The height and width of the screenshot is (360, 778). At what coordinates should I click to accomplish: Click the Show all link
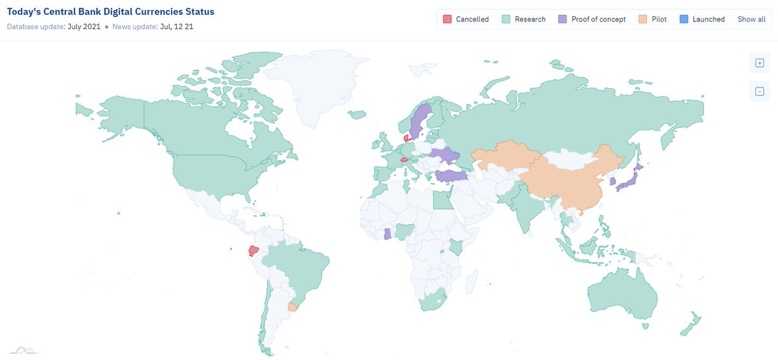751,19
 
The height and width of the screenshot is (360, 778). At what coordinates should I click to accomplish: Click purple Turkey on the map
451,176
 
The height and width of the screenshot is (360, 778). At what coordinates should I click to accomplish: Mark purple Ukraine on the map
445,156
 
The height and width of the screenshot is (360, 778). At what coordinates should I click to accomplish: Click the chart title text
110,12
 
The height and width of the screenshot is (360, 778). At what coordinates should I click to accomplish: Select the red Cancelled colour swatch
447,19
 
